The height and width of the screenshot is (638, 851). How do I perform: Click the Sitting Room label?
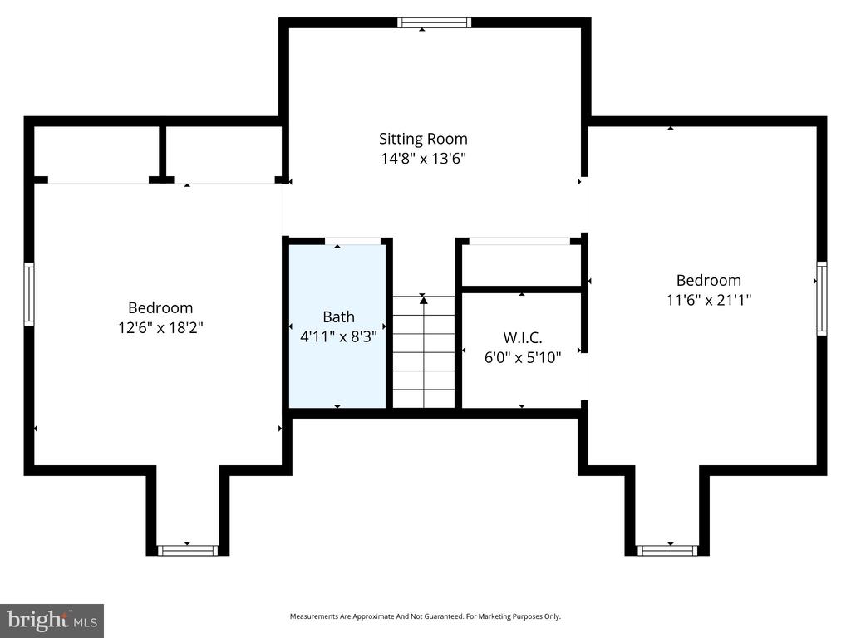[423, 139]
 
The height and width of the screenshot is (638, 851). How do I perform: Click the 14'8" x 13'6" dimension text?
[423, 159]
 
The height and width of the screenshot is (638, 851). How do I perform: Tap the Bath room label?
[338, 317]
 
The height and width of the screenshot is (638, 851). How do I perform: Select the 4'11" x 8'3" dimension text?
[338, 337]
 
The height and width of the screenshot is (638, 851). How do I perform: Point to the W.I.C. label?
[522, 337]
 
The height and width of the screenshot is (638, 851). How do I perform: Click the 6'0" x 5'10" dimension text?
[522, 357]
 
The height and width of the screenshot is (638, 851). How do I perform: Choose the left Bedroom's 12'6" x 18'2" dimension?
[160, 327]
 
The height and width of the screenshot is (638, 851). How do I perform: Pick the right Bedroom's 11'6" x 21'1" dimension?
[708, 300]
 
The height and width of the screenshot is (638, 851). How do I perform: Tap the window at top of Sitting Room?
[434, 22]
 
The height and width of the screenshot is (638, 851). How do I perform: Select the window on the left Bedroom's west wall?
[29, 294]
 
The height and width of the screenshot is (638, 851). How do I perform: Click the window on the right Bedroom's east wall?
[821, 297]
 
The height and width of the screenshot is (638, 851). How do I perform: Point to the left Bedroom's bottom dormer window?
[188, 550]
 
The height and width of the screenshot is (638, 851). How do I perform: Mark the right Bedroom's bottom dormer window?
[667, 550]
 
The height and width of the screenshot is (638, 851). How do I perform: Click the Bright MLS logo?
[52, 620]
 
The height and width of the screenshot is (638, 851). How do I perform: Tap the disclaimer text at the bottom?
[425, 616]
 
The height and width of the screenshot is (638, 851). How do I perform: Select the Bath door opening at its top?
[352, 242]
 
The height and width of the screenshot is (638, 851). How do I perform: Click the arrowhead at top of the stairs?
[423, 300]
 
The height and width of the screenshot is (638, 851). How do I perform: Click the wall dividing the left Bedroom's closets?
[162, 151]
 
